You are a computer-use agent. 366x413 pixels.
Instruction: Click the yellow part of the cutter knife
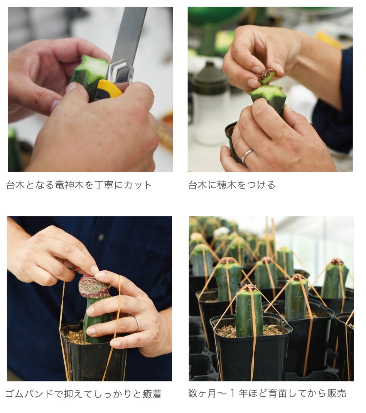coord(108,89)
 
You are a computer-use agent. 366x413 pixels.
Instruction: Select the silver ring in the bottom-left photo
coord(137,324)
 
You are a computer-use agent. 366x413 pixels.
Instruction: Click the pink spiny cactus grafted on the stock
coord(94,287)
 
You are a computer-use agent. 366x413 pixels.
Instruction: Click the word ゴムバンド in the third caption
coord(29,394)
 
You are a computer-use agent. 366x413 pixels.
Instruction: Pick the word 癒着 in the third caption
coord(152,394)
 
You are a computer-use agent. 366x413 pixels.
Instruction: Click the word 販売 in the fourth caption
coord(336,393)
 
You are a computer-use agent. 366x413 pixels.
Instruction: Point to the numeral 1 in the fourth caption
coord(233,393)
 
